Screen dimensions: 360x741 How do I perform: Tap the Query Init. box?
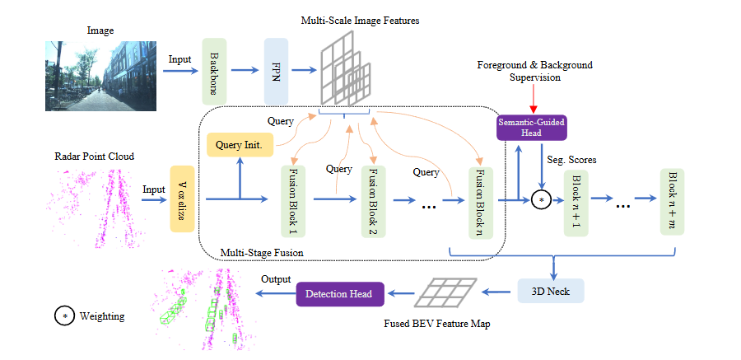239,146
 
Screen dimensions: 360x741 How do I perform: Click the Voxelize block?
181,198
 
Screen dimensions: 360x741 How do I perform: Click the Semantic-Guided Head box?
532,128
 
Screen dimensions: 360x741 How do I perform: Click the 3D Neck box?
550,290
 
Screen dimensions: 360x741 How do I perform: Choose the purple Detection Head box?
338,294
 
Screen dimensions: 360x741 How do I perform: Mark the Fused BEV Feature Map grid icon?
447,290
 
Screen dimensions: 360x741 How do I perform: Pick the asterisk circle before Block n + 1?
540,200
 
